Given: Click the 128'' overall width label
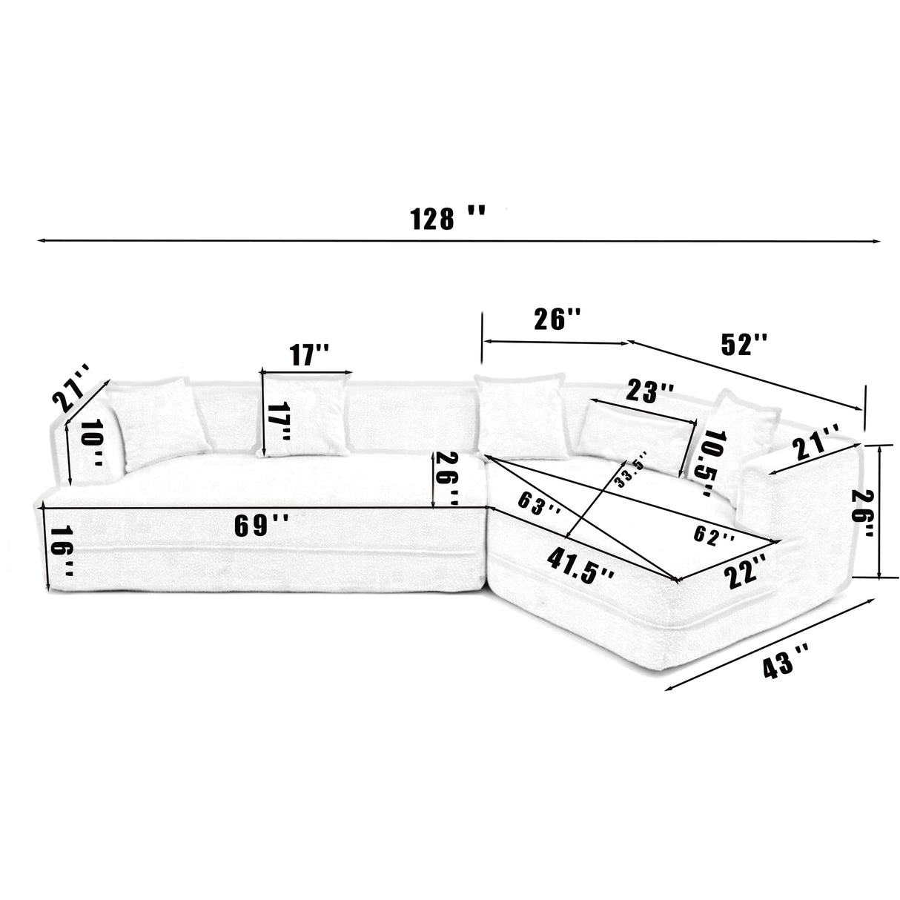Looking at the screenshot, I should pos(448,218).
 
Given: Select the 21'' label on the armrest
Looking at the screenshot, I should pos(816,446).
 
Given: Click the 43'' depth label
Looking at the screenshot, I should pos(786,658).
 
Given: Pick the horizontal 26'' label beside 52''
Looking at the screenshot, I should pos(557,320).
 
